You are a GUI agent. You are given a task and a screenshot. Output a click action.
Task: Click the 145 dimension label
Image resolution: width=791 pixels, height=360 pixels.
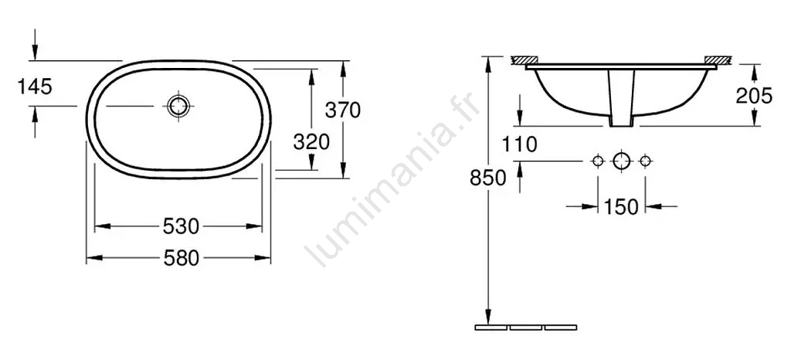[35, 87]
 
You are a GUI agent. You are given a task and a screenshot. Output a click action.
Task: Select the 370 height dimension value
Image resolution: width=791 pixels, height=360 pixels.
[342, 110]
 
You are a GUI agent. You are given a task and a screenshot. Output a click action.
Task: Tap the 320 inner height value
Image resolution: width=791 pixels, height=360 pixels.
[311, 142]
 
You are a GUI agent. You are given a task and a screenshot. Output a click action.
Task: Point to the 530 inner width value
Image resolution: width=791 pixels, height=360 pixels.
[181, 226]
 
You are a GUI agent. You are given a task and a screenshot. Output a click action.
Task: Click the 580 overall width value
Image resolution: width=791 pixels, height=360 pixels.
[181, 259]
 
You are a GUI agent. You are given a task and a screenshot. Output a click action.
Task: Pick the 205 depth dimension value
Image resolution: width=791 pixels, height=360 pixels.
[754, 95]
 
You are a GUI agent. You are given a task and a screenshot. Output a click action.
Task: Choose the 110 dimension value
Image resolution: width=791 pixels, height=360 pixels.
[520, 145]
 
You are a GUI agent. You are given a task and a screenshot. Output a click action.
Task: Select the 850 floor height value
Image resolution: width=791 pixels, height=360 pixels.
[488, 178]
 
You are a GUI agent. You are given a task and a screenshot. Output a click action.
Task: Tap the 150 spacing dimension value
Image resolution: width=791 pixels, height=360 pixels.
[621, 207]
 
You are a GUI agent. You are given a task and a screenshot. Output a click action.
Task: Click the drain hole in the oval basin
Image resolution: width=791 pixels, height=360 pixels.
[178, 106]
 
